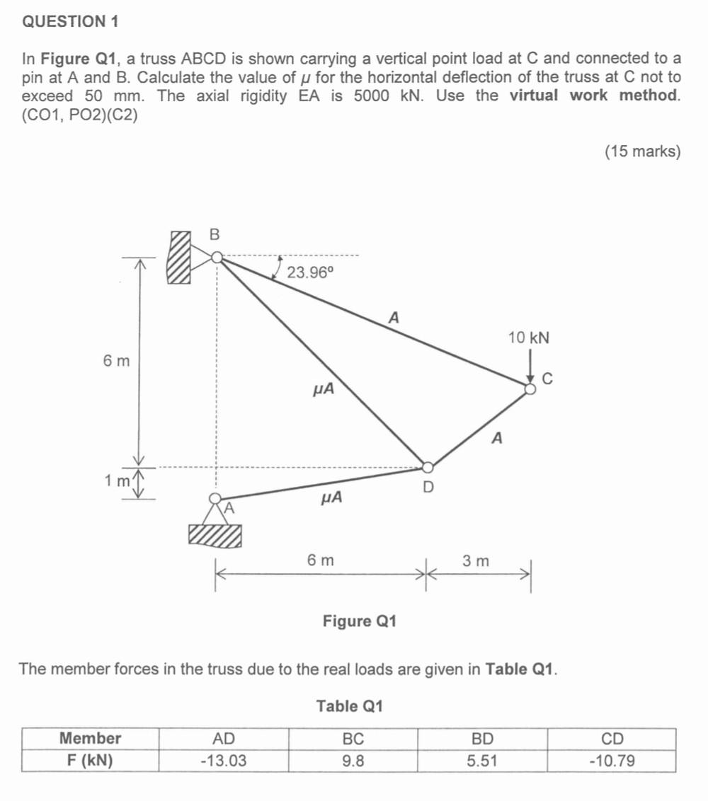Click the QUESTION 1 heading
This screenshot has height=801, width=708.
tap(70, 21)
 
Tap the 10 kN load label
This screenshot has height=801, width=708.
tap(528, 338)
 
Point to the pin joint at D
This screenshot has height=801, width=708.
tap(428, 466)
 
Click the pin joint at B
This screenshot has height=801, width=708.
tap(217, 258)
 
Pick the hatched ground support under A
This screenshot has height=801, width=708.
tap(215, 535)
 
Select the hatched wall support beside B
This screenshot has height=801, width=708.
tap(179, 257)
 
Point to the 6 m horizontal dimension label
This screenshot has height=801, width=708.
tap(321, 560)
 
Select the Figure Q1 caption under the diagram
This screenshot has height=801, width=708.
tap(359, 621)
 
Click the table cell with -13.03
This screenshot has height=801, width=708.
tap(224, 761)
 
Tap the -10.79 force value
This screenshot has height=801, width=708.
tap(612, 761)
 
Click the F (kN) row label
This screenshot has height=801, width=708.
tap(90, 761)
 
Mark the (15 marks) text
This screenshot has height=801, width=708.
tap(642, 151)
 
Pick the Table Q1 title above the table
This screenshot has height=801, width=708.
tap(349, 706)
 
